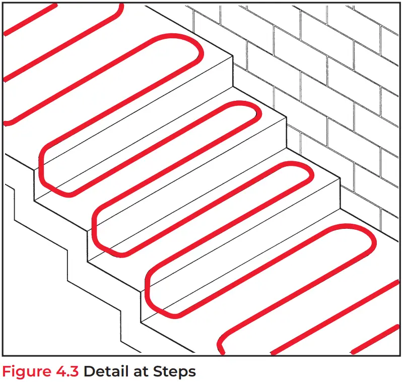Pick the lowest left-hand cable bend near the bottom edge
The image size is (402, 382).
(x=222, y=347)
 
